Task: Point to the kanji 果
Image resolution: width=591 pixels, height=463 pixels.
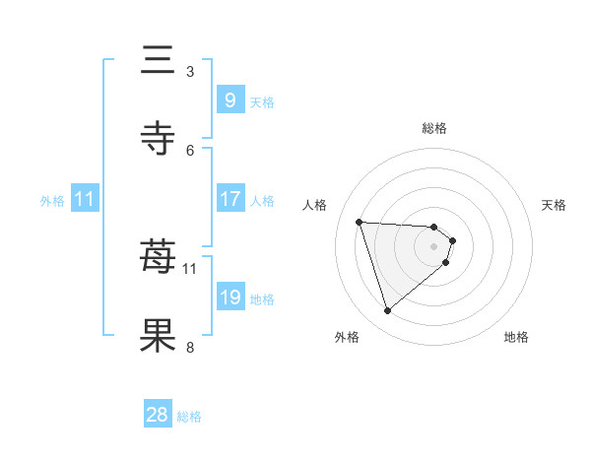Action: [x=159, y=335]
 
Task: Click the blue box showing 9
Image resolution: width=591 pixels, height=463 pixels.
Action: [x=230, y=100]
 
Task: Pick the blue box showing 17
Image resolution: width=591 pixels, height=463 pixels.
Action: [x=230, y=199]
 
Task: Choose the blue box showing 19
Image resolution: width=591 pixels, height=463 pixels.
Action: [x=230, y=298]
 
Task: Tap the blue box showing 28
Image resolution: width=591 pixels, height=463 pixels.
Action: [x=158, y=415]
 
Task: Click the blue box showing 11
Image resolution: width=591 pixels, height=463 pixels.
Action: [x=85, y=199]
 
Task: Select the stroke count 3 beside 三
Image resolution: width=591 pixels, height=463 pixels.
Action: [x=190, y=72]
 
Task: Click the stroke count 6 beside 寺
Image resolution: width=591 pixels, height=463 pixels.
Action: [x=190, y=150]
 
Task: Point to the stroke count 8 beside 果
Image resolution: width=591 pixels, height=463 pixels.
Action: [x=190, y=346]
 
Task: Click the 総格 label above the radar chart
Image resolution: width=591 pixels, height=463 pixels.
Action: [x=433, y=128]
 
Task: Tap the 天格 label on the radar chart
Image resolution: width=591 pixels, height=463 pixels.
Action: [x=554, y=205]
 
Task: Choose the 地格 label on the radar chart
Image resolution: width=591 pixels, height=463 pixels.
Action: [x=516, y=337]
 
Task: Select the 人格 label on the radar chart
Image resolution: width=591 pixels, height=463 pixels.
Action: [x=315, y=205]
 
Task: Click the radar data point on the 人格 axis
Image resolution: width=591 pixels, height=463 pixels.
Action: [x=360, y=222]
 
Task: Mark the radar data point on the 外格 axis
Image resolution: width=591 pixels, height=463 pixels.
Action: [x=387, y=311]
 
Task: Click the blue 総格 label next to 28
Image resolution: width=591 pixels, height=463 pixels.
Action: [x=189, y=417]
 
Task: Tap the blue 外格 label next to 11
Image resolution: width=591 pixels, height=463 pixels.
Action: [x=52, y=200]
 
